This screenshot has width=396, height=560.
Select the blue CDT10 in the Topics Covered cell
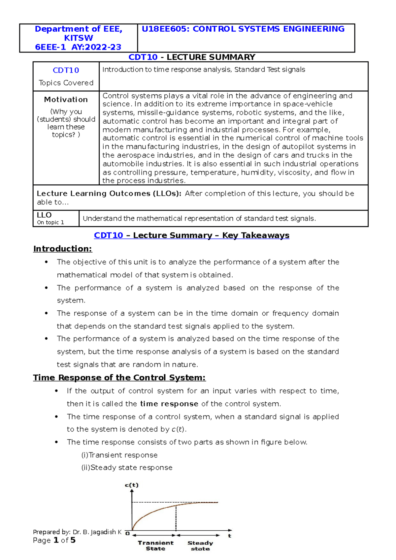click(x=66, y=70)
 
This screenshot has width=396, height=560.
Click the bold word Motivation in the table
click(x=66, y=100)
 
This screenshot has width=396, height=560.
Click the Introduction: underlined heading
click(x=63, y=249)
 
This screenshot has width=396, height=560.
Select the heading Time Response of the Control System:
click(x=119, y=378)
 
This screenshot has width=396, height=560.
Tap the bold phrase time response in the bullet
click(x=169, y=404)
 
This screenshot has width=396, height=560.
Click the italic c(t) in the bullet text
click(x=179, y=429)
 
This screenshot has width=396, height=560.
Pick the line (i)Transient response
click(x=119, y=455)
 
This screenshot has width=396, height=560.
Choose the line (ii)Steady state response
click(x=127, y=468)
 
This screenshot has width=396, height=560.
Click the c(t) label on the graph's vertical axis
click(x=132, y=485)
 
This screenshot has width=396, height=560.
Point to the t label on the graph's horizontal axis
click(x=230, y=536)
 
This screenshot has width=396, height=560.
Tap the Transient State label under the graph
click(x=155, y=545)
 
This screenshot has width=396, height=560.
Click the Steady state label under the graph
click(x=200, y=545)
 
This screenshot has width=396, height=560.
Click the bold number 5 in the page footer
click(x=73, y=540)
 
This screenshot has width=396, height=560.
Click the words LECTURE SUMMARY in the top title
click(x=211, y=57)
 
